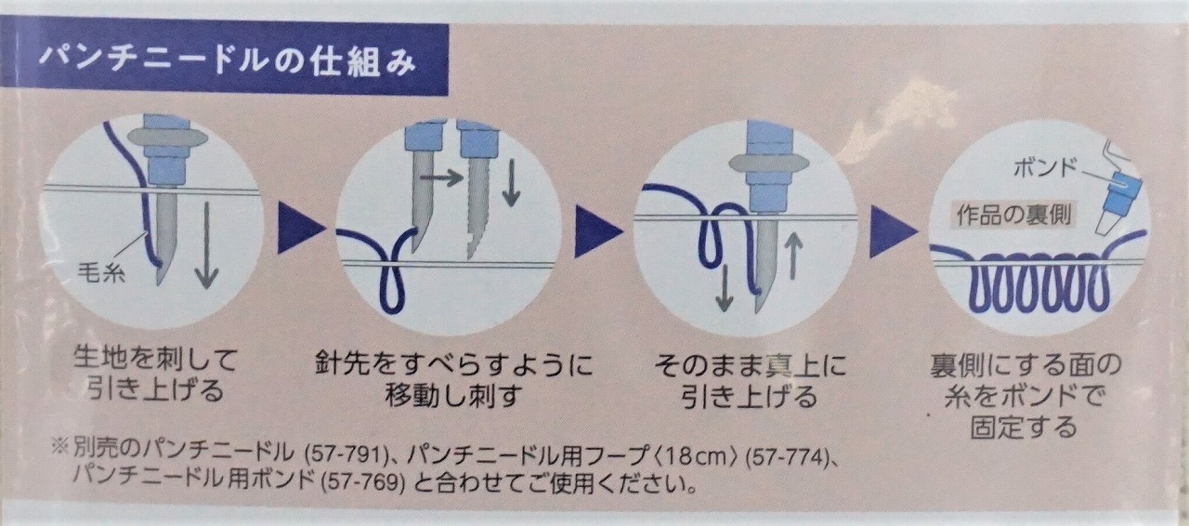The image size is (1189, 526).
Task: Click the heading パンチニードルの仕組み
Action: (x=229, y=61)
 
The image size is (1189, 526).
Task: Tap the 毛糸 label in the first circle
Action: (x=101, y=275)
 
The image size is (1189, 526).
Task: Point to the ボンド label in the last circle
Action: (x=1045, y=169)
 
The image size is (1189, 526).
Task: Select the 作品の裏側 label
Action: (x=1013, y=215)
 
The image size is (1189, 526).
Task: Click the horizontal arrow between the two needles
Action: (x=441, y=178)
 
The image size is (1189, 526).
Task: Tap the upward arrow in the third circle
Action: (x=792, y=256)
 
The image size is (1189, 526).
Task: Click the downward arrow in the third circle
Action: (x=724, y=287)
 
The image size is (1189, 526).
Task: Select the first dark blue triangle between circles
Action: (x=300, y=228)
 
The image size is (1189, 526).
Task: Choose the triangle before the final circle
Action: (x=894, y=231)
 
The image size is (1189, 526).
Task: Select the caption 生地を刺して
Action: (x=155, y=360)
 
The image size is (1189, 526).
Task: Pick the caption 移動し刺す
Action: (x=454, y=397)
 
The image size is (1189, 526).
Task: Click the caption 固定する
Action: (x=1025, y=427)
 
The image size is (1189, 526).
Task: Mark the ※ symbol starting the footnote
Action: (x=59, y=446)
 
